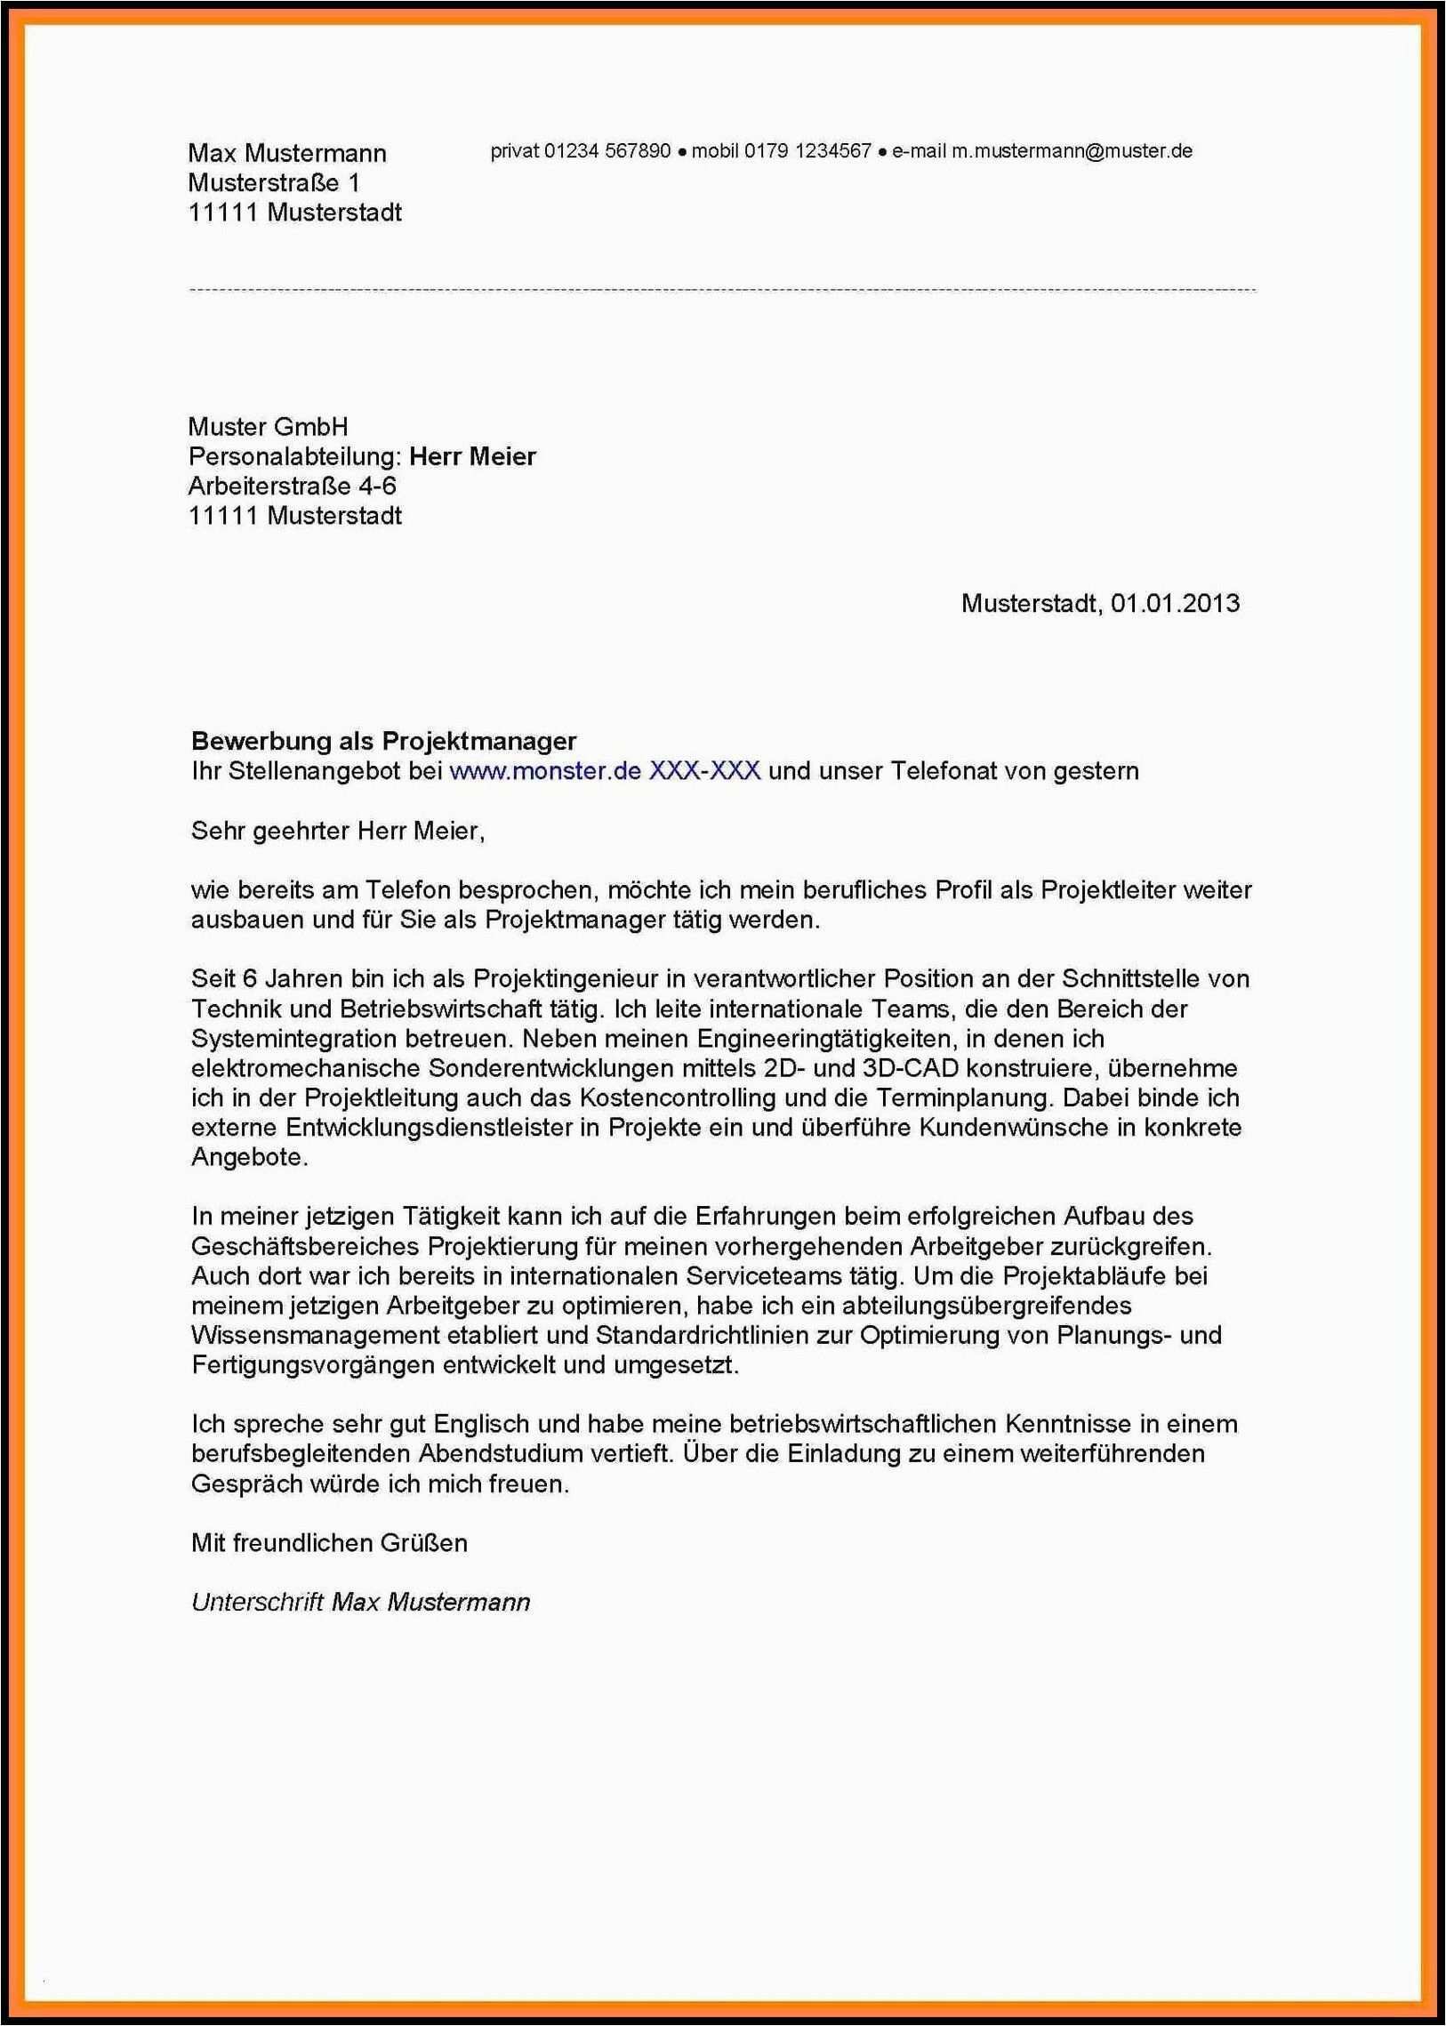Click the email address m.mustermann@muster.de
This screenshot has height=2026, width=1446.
(1071, 151)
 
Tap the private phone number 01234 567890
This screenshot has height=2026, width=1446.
(607, 151)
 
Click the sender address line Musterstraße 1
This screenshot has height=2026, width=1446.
(273, 182)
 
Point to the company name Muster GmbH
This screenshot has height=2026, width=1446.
(268, 427)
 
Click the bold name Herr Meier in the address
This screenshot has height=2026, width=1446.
(472, 457)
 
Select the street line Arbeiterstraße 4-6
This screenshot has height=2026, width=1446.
(292, 486)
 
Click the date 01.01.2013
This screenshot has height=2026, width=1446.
(1175, 604)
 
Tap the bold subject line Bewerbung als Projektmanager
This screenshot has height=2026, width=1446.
(384, 741)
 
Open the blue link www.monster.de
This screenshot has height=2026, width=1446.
(545, 771)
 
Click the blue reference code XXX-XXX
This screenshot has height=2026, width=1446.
(704, 771)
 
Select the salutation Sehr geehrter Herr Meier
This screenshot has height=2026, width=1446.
(337, 832)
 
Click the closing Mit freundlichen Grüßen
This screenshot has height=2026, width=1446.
(328, 1543)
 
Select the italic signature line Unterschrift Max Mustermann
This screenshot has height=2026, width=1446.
(360, 1602)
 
